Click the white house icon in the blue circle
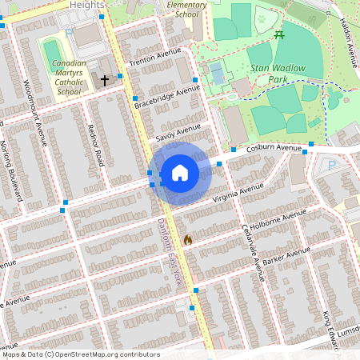[180, 173]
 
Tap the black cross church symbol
[104, 80]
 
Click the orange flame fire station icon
[188, 239]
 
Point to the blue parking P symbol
[333, 166]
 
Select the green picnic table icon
[278, 35]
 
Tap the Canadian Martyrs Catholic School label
[70, 77]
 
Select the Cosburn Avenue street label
[274, 149]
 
